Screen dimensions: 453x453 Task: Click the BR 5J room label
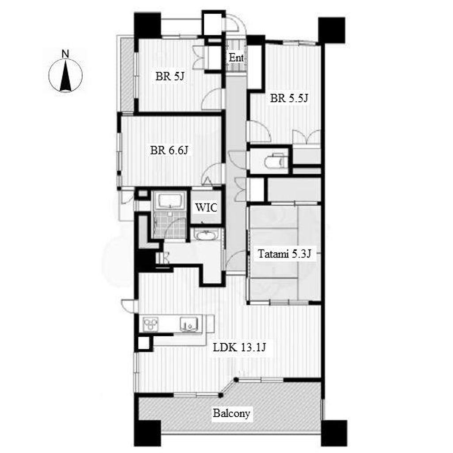170,77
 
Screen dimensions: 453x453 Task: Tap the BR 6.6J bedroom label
169,150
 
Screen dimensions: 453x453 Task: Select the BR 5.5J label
289,99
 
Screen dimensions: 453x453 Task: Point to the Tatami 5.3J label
284,254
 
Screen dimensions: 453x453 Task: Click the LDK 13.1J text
239,348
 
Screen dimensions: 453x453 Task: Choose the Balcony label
231,413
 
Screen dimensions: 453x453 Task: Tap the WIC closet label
206,207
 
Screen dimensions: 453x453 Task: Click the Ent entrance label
236,58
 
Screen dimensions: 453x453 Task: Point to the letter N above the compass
65,54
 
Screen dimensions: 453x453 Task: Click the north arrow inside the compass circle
65,76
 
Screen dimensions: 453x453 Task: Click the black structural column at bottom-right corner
334,433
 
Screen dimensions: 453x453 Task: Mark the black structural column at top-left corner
147,25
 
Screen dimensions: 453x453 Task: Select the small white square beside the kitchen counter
144,343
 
